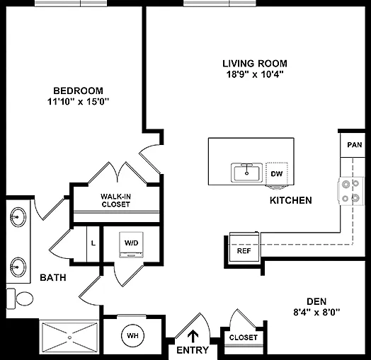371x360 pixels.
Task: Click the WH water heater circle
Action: [x=132, y=336]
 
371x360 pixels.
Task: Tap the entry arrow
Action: [x=193, y=337]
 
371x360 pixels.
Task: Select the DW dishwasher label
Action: [x=277, y=174]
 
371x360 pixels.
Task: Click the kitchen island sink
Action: [x=247, y=173]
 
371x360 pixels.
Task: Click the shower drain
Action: [x=69, y=337]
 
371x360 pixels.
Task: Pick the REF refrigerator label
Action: [x=244, y=251]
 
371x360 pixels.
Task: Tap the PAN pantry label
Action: [x=355, y=145]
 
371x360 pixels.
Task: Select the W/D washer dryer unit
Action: [x=131, y=245]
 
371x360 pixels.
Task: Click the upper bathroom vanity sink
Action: [x=18, y=217]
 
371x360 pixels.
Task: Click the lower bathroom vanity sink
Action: [x=18, y=267]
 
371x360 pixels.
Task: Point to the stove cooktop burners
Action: [x=350, y=191]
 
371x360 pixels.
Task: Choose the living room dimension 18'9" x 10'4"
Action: [x=255, y=75]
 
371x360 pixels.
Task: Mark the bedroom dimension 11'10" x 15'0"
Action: [x=79, y=102]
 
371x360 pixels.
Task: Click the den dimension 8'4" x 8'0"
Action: [x=316, y=313]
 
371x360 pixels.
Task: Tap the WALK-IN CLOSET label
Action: [x=115, y=200]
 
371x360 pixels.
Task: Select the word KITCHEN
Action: [x=291, y=200]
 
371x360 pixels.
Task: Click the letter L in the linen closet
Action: [x=93, y=243]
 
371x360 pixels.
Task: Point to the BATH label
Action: [x=53, y=277]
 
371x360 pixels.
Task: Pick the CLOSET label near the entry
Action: [x=244, y=337]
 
